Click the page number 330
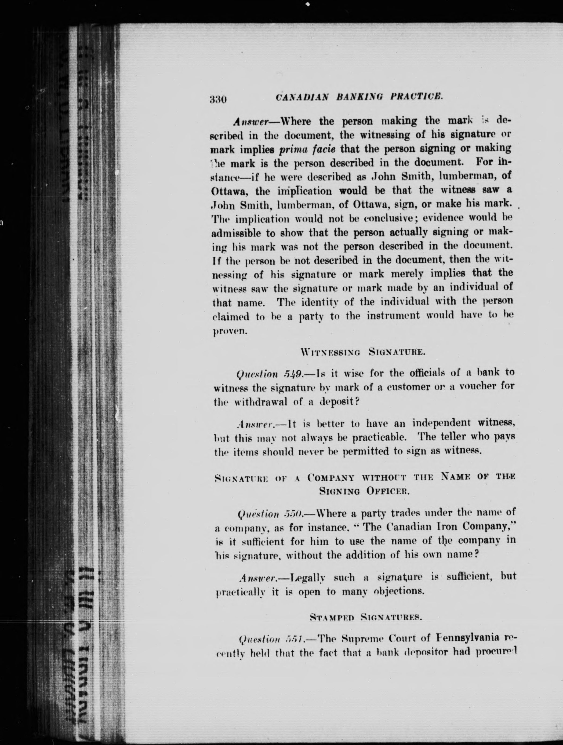(x=218, y=99)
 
